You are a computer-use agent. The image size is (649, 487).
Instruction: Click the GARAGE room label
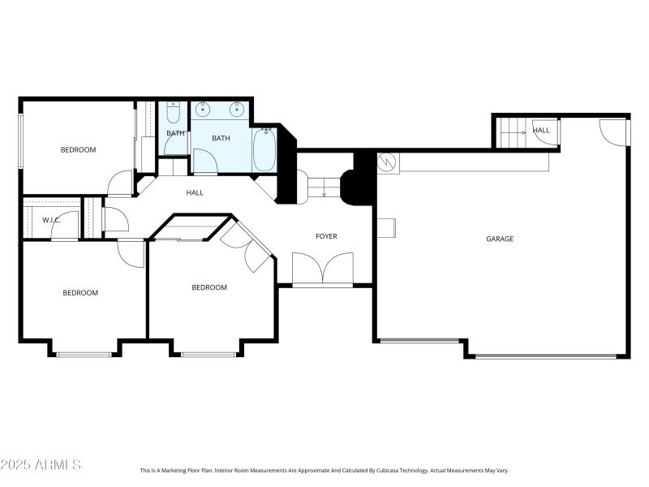[x=500, y=239]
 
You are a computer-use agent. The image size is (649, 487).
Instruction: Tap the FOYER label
[x=326, y=236]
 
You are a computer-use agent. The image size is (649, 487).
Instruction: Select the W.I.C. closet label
[x=41, y=220]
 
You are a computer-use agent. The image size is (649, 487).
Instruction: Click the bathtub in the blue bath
[x=263, y=150]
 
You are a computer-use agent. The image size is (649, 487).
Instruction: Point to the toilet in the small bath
[x=174, y=112]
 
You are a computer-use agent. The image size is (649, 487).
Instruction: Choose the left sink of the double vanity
[x=202, y=110]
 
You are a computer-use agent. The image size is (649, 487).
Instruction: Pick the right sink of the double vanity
[x=238, y=110]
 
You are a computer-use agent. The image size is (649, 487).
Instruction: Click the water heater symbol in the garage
[x=388, y=162]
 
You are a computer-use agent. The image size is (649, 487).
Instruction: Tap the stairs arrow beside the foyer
[x=324, y=191]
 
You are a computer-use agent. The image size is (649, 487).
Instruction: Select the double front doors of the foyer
[x=323, y=269]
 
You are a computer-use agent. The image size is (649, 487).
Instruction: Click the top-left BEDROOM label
[x=79, y=149]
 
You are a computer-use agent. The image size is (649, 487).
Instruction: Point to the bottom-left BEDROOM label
[x=80, y=293]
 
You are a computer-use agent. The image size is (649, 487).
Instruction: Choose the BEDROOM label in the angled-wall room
[x=209, y=287]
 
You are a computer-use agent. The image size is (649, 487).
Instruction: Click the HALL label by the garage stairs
[x=541, y=130]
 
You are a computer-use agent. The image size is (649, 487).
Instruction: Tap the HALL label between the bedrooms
[x=195, y=192]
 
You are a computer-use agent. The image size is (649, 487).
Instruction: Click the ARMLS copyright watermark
[x=41, y=465]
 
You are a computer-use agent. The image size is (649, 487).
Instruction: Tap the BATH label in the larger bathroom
[x=221, y=138]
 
